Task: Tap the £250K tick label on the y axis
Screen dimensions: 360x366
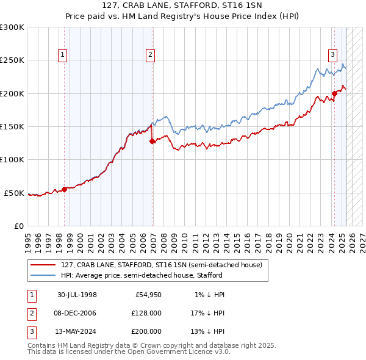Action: [x=12, y=60]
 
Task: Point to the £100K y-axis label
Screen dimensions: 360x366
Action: [x=12, y=160]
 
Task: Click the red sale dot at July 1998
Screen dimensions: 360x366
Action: [x=65, y=189]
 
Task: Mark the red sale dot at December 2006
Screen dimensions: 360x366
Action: [x=152, y=141]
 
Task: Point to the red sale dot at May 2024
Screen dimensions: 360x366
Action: [x=334, y=93]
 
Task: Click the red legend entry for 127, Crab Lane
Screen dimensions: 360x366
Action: [x=161, y=265]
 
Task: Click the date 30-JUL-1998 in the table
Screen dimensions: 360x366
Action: [x=77, y=295]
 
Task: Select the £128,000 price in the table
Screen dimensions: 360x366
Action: [x=145, y=313]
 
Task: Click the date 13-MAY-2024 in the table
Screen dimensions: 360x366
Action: [x=77, y=331]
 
